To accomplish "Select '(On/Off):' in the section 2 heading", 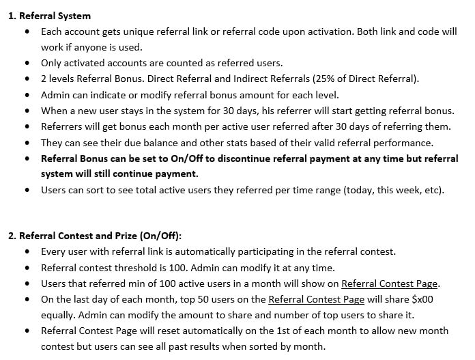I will tap(158, 236).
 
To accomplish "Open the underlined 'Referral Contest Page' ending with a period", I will tap(390, 283).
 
